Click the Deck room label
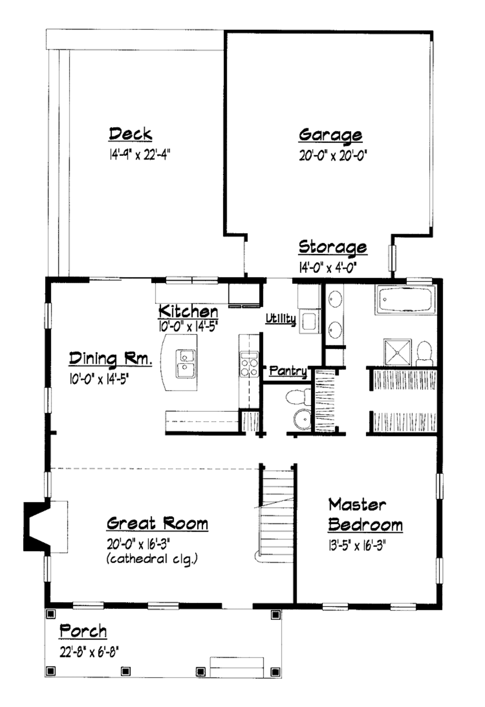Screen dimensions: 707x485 [x=130, y=134]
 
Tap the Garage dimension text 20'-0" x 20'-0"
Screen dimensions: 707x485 [x=333, y=155]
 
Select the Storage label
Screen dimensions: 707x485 [x=332, y=247]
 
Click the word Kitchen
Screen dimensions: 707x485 [x=188, y=311]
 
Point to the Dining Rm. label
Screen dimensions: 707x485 [x=110, y=359]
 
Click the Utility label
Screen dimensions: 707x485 [x=280, y=318]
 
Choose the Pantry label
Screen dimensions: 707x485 [x=287, y=371]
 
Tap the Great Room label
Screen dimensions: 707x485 [x=157, y=523]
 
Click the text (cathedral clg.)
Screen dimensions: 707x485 [x=152, y=559]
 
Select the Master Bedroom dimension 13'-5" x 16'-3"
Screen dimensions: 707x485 [x=357, y=546]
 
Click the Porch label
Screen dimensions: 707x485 [x=83, y=631]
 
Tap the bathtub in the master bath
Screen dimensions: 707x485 [x=405, y=300]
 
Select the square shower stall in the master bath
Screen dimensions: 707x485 [x=397, y=352]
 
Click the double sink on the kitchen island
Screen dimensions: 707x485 [x=185, y=363]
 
